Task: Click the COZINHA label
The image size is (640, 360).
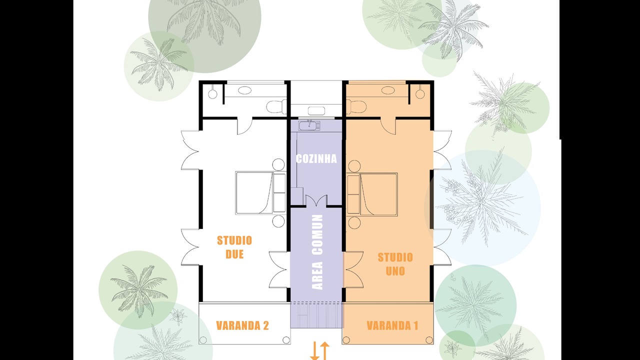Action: tap(316, 159)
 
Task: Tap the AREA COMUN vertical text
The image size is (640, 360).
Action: tap(317, 252)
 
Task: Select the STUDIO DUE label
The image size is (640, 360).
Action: tap(234, 247)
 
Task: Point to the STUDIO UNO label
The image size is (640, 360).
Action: tap(395, 264)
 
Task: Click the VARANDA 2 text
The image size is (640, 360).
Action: tap(242, 325)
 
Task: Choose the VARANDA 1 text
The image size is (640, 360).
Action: tap(392, 325)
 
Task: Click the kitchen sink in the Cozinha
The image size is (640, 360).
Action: tap(309, 125)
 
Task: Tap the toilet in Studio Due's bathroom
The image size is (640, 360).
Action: tap(276, 106)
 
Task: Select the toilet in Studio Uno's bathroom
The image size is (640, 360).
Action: tap(356, 106)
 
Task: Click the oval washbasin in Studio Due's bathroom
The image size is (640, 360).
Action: tap(245, 90)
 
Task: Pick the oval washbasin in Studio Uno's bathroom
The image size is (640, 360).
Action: tap(388, 90)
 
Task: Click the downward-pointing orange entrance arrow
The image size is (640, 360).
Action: tap(314, 350)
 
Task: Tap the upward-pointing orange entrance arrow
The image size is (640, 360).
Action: tap(324, 351)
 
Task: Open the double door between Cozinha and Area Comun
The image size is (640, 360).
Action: tap(316, 200)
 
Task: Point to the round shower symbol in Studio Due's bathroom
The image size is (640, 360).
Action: tap(212, 94)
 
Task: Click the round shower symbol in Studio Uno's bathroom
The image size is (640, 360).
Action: tap(420, 94)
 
